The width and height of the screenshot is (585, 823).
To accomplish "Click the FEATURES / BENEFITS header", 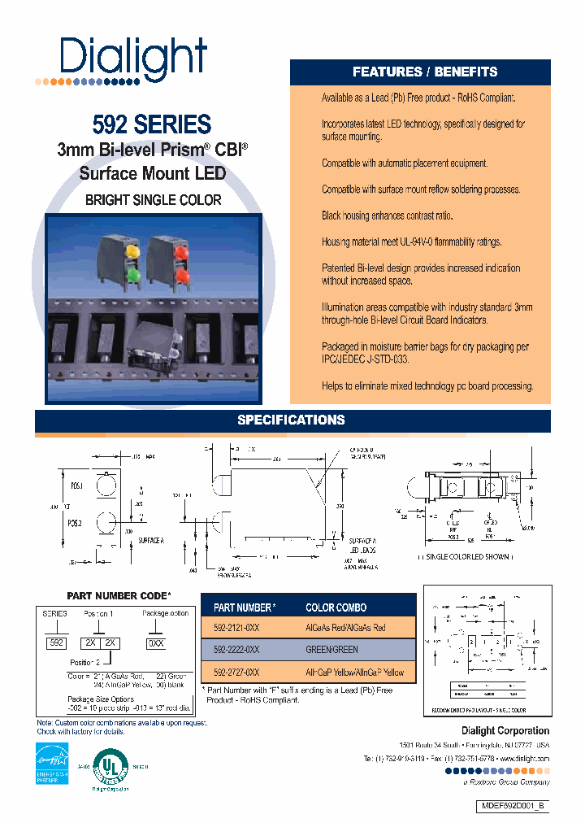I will (x=424, y=72).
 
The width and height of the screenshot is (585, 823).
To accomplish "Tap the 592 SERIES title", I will (x=152, y=124).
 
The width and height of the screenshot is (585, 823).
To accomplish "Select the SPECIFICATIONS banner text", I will (x=291, y=420).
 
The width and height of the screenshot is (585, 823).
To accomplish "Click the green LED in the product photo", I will (x=133, y=276).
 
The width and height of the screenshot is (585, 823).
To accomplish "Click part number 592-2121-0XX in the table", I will (x=236, y=627).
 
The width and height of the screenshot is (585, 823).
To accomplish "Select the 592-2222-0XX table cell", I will (x=236, y=650).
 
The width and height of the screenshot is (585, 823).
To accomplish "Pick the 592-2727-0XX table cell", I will (x=236, y=673).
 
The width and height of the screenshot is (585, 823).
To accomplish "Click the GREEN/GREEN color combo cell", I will (x=331, y=650).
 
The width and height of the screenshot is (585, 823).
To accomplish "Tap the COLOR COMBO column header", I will (x=336, y=607).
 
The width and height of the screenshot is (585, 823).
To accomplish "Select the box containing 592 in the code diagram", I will (x=57, y=642).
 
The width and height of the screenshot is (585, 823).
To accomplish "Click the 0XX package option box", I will (x=154, y=642).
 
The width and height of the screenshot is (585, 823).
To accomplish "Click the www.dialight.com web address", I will (x=521, y=758).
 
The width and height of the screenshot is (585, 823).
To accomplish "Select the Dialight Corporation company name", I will (x=505, y=730).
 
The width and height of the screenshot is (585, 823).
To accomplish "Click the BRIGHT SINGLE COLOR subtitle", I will (x=153, y=199).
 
